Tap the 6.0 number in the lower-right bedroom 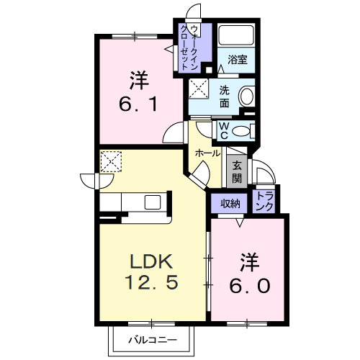251,285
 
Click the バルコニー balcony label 150,338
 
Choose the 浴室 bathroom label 238,60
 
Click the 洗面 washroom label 225,97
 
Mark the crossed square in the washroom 197,91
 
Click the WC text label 224,130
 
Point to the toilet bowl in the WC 243,130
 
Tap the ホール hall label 208,153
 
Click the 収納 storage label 230,204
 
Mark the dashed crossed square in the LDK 111,162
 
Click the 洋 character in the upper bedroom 138,77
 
